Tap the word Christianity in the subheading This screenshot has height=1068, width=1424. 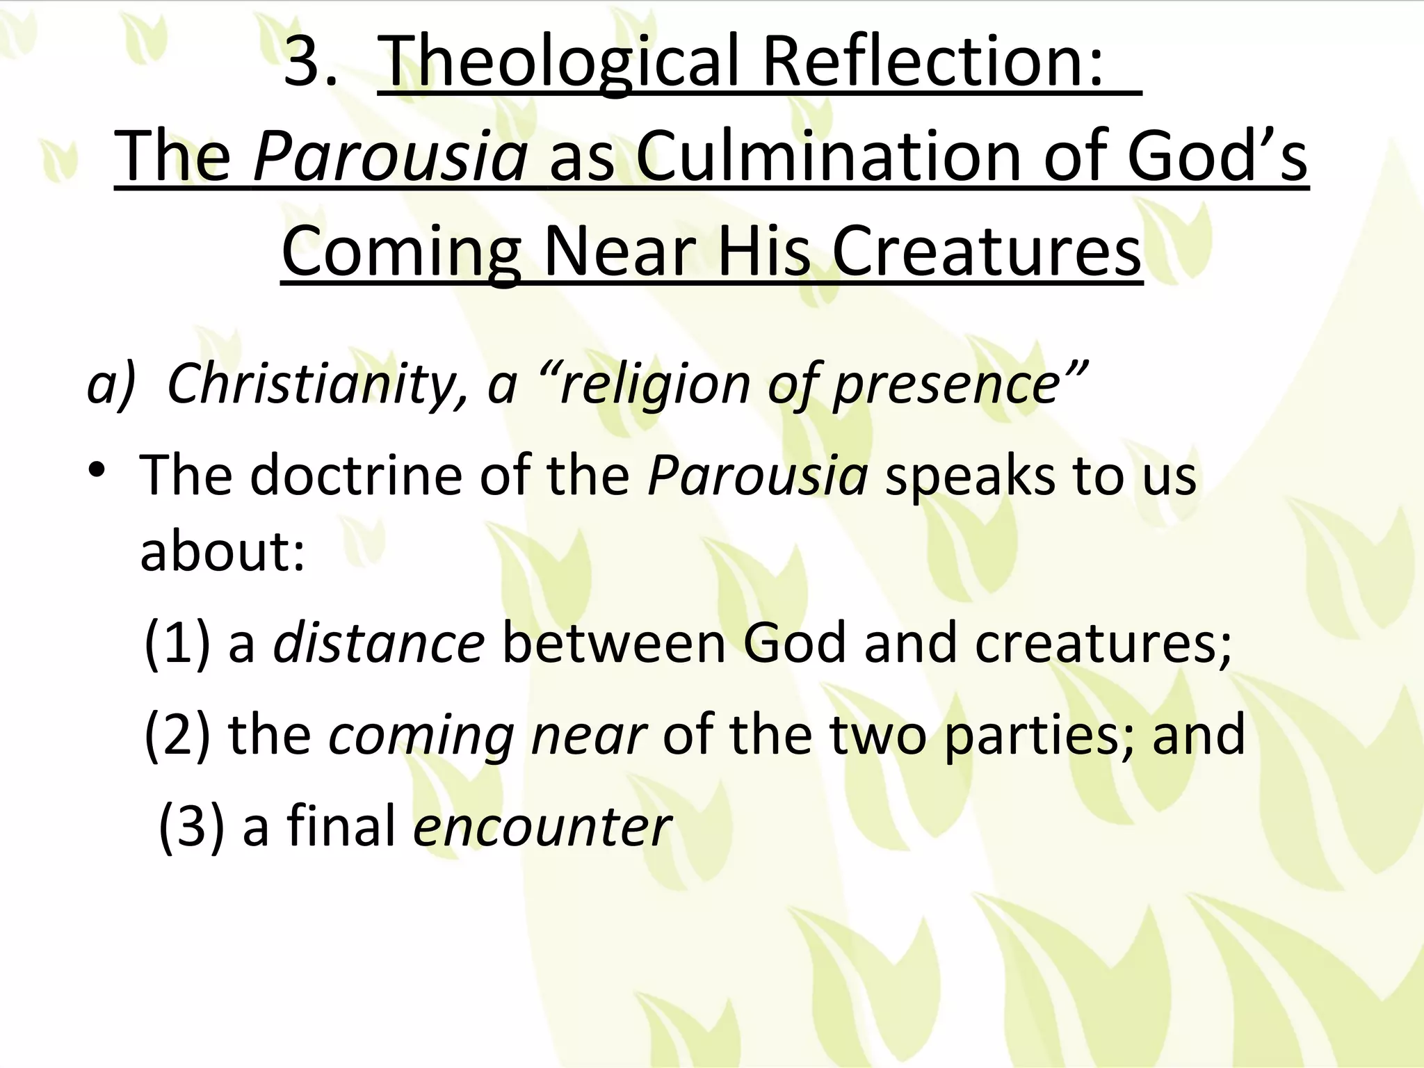click(x=317, y=384)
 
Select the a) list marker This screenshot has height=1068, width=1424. click(x=111, y=384)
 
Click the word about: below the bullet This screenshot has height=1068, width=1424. click(x=222, y=552)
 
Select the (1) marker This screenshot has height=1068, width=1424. click(x=177, y=644)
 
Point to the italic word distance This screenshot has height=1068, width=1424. click(x=379, y=644)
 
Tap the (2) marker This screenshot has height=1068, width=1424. click(x=177, y=736)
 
